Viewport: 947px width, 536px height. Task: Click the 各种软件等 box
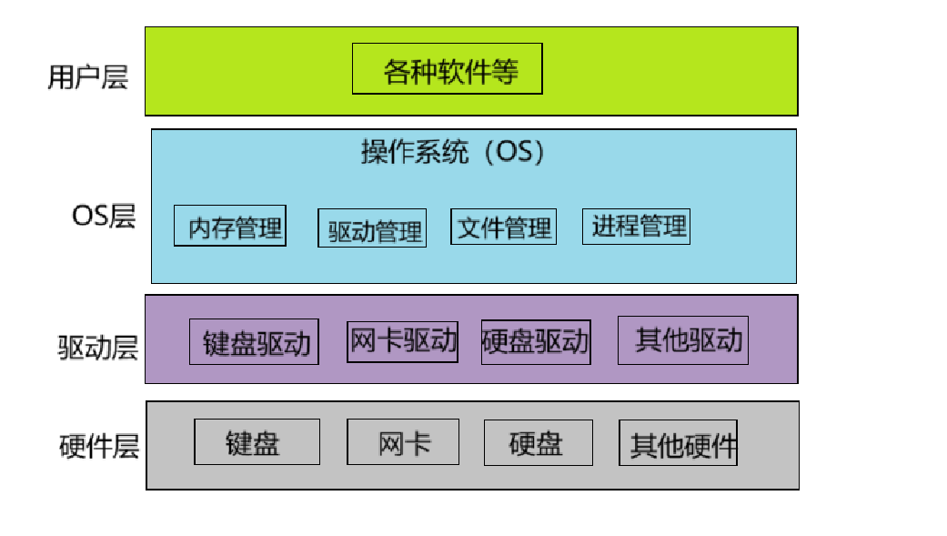[x=447, y=68]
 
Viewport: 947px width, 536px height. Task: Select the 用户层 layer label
[x=87, y=77]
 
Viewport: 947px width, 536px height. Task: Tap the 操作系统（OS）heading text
[x=453, y=152]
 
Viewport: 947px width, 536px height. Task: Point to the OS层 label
[x=103, y=217]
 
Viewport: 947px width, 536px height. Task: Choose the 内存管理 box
[x=229, y=226]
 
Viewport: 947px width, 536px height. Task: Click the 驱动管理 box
[x=372, y=228]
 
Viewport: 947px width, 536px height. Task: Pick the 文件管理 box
[x=503, y=227]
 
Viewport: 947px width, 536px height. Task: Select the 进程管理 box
[x=636, y=226]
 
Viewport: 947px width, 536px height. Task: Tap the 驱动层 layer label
[x=97, y=348]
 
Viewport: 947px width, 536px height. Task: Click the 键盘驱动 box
[x=254, y=342]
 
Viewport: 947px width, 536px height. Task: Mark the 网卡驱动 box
[x=402, y=341]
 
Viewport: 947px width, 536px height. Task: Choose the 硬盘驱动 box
[x=536, y=342]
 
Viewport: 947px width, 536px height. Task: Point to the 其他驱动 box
[x=682, y=340]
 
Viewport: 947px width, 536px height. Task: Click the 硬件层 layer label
[x=98, y=447]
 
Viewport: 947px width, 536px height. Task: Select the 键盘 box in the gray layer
[x=257, y=442]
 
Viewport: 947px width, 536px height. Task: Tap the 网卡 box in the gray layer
[x=403, y=442]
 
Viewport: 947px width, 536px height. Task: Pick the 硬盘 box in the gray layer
[x=538, y=442]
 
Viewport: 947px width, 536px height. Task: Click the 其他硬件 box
[x=679, y=443]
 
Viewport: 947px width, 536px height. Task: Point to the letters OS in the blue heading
[x=512, y=152]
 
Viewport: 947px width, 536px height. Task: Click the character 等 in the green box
[x=504, y=69]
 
